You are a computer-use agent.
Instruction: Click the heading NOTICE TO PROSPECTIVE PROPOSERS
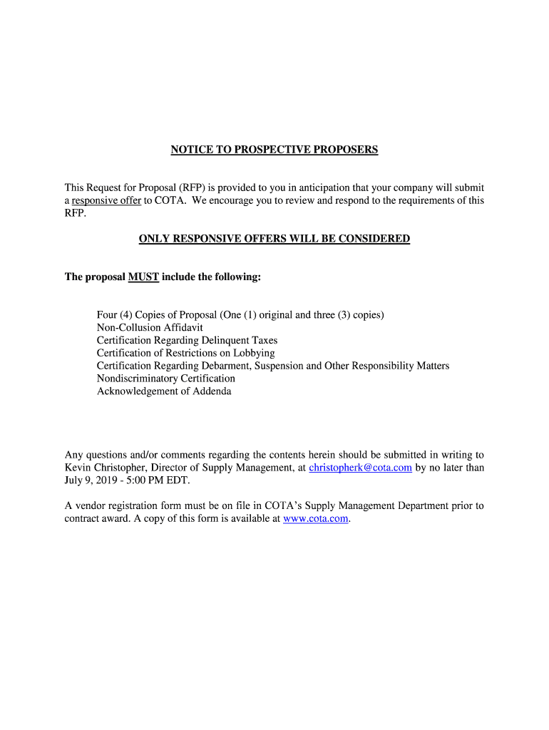coord(274,150)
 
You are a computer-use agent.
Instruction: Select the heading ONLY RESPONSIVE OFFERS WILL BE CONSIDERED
coord(274,239)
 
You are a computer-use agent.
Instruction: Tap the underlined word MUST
coord(143,277)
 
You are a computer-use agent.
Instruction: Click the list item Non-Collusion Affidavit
coord(150,328)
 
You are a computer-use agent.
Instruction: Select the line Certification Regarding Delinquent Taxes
coord(187,341)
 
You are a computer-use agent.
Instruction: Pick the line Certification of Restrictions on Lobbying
coord(185,354)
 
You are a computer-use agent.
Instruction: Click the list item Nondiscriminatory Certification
coord(165,379)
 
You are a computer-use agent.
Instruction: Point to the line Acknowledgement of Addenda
coord(164,391)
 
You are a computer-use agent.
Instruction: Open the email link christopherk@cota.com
coord(360,468)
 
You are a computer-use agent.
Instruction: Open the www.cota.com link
coord(315,519)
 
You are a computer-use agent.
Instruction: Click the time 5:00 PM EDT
coord(160,480)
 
